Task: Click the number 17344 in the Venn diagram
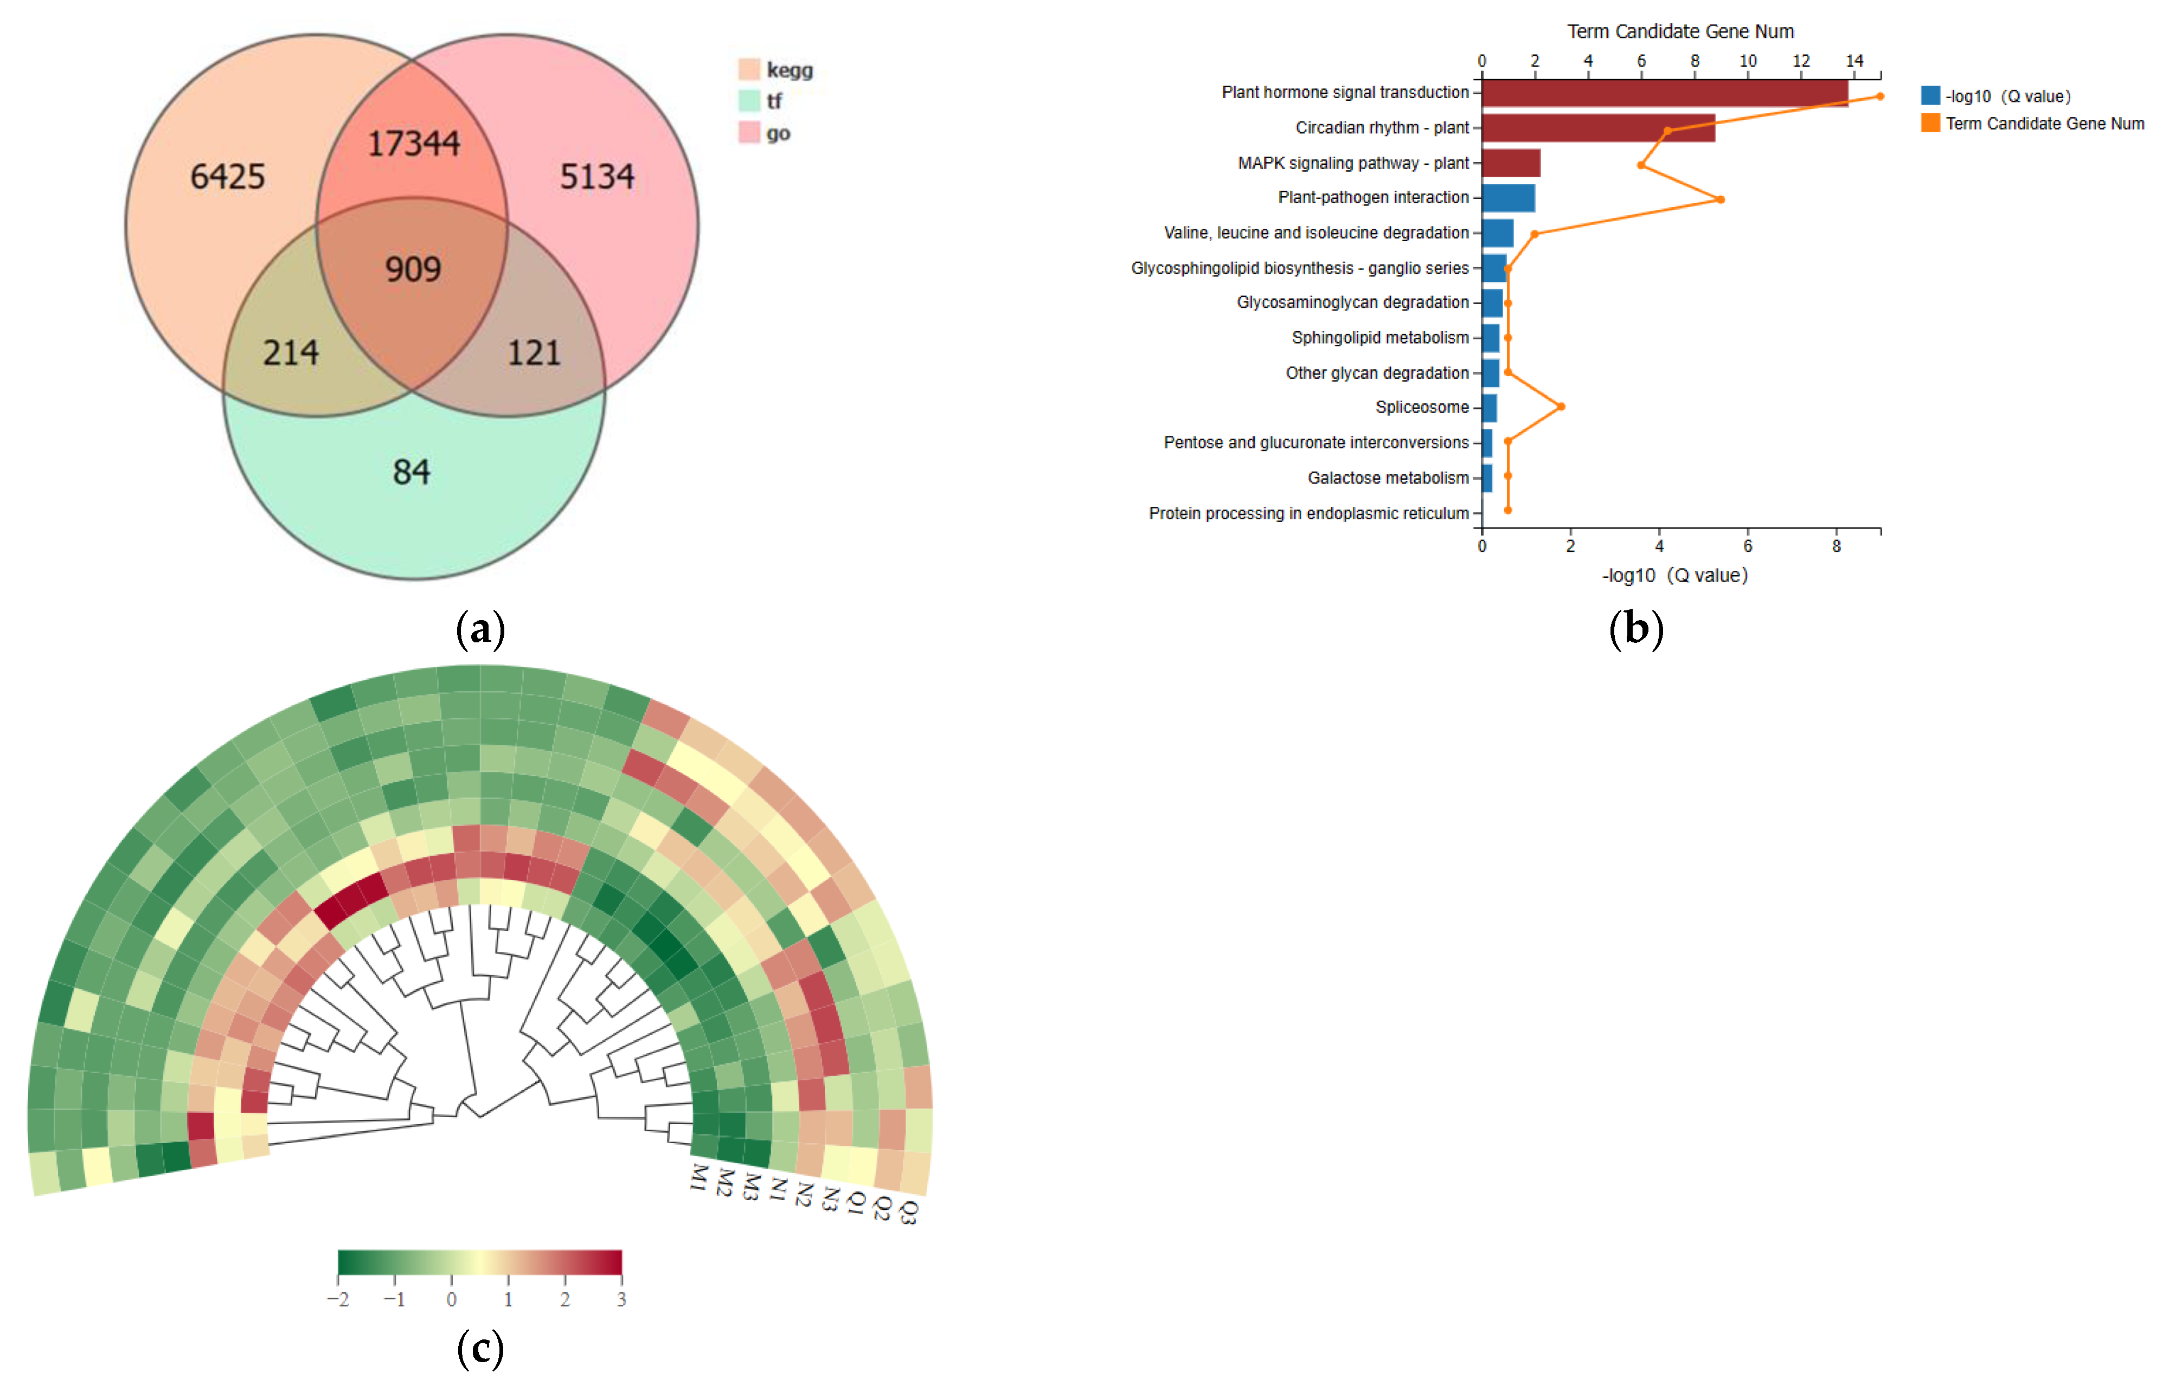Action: click(413, 143)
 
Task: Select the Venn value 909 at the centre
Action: click(413, 268)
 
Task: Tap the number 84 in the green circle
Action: click(412, 471)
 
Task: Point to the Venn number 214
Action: click(290, 352)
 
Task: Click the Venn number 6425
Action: click(227, 176)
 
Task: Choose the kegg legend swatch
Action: click(749, 69)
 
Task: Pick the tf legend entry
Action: click(774, 101)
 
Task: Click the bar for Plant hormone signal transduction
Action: click(1664, 93)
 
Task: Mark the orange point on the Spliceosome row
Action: click(1561, 407)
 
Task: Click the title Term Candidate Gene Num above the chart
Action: click(1680, 31)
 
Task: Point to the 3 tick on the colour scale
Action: click(621, 1299)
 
